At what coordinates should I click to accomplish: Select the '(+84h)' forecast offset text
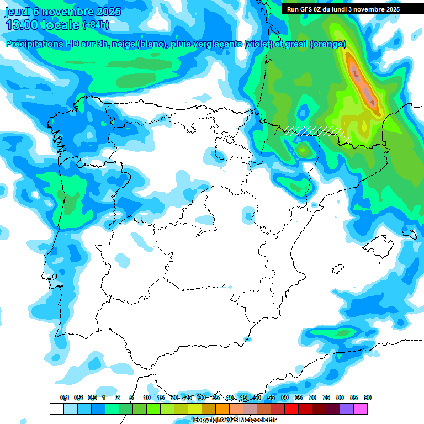pos(96,25)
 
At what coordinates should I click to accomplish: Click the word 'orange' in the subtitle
pos(329,44)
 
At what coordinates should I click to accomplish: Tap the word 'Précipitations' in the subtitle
pos(35,44)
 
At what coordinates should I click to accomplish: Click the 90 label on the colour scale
pos(368,397)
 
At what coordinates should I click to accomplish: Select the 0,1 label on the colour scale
pos(64,397)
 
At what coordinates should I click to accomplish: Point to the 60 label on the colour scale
pos(285,397)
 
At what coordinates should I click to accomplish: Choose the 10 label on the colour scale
pos(147,397)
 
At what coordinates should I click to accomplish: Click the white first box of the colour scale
pos(56,409)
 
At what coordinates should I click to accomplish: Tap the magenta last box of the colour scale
pos(361,409)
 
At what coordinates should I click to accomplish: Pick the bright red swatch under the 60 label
pos(291,409)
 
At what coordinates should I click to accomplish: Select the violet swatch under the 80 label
pos(347,409)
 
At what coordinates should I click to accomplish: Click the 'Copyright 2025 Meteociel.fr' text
pos(234,420)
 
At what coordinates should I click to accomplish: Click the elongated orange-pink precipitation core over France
pos(363,83)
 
